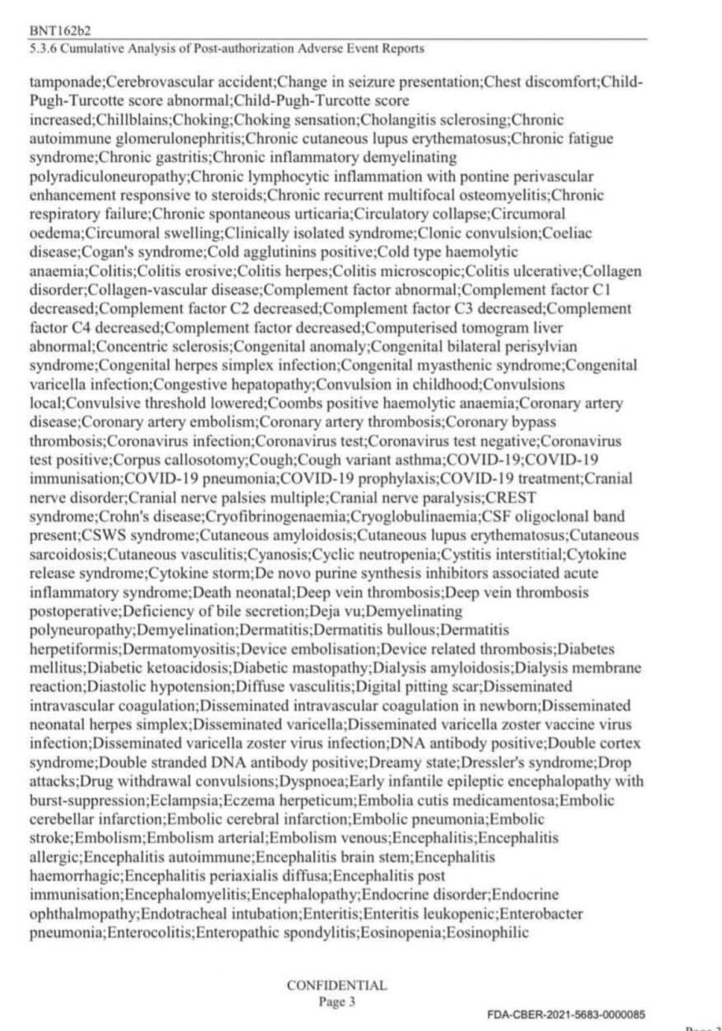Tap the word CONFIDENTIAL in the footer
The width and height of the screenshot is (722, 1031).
336,985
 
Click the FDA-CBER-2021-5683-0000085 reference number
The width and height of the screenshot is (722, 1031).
565,1014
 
